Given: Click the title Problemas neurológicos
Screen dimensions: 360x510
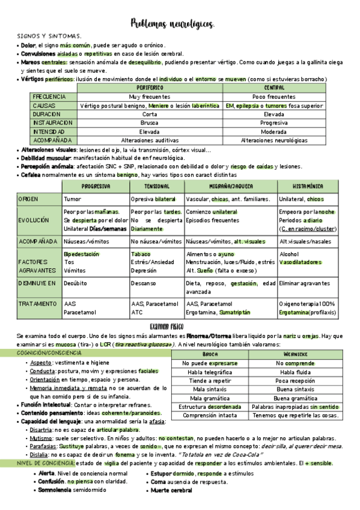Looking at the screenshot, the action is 172,23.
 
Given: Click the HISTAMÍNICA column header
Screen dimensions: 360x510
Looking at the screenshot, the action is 308,186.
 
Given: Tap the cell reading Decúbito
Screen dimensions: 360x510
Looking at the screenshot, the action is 75,283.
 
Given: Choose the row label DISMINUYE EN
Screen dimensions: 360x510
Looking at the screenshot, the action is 39,283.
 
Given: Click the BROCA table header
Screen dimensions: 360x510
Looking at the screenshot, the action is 210,354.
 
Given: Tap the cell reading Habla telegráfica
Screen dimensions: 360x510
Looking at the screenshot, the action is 210,372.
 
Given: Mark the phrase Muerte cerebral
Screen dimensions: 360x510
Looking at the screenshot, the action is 172,491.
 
